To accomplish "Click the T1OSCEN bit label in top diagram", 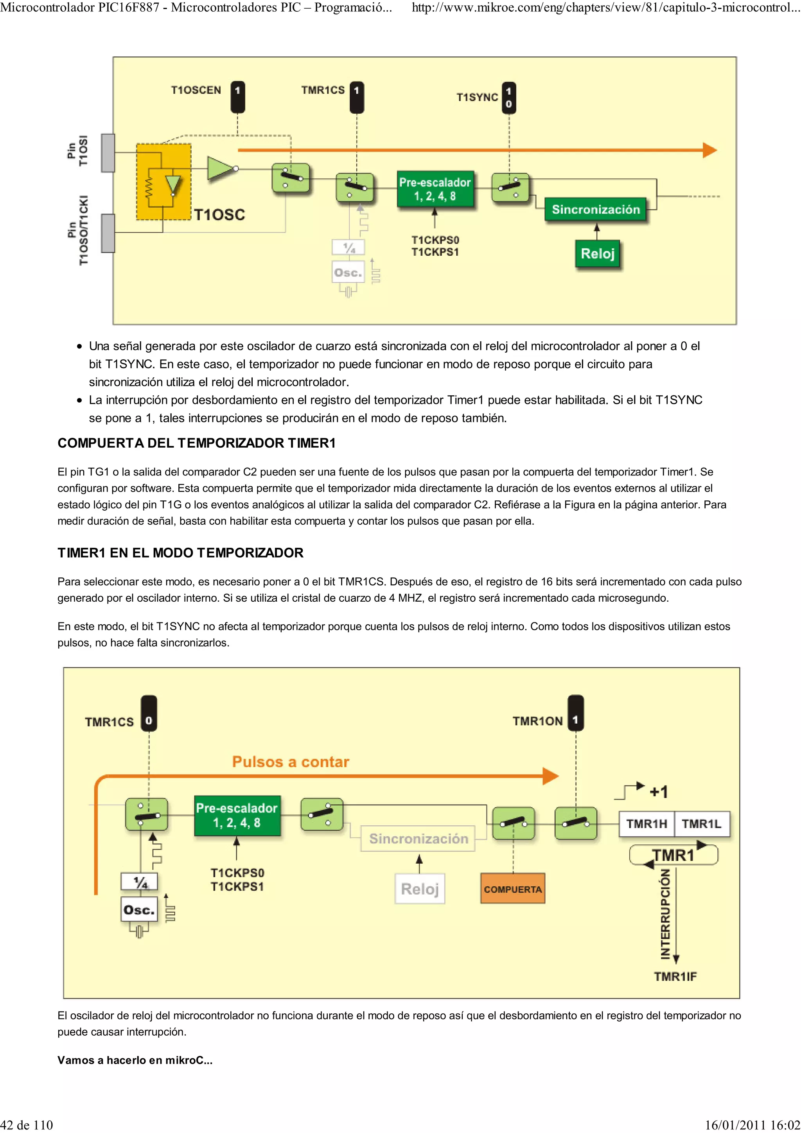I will tap(196, 90).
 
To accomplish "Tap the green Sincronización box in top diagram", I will tap(596, 209).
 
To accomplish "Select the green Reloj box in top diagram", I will tap(597, 254).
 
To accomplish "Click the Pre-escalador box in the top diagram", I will tap(435, 190).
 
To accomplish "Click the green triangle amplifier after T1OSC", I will tap(221, 169).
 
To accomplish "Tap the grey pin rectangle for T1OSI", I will tap(108, 153).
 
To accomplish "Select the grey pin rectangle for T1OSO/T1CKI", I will tap(108, 233).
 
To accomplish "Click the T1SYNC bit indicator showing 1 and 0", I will tap(509, 98).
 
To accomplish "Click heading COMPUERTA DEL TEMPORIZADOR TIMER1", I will tap(196, 443).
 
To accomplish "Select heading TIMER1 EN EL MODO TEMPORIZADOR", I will tap(180, 553).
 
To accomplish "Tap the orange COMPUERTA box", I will tap(512, 889).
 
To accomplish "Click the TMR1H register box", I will tap(646, 824).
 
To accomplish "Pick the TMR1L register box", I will tap(701, 824).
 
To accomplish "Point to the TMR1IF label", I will tap(675, 976).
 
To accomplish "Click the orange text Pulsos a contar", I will tap(290, 762).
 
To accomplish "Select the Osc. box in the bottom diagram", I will tap(139, 909).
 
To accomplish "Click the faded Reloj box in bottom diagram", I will tap(420, 889).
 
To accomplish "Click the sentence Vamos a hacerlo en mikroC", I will tap(135, 1060).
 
